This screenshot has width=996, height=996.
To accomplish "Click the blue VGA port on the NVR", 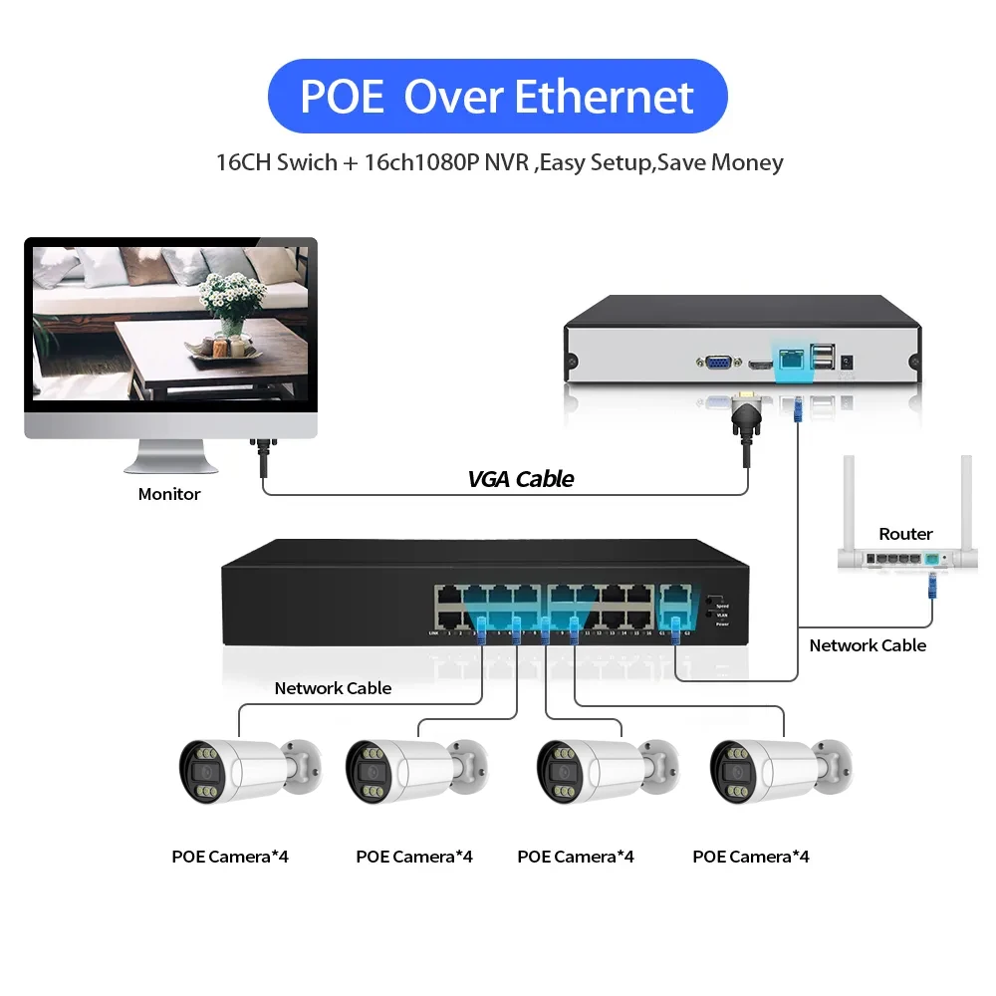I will pyautogui.click(x=715, y=366).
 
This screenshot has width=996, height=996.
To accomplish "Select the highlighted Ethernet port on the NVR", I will pyautogui.click(x=794, y=361).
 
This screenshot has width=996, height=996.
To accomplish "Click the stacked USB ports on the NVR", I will pyautogui.click(x=823, y=356).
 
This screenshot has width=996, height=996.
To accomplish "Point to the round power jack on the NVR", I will pyautogui.click(x=849, y=364).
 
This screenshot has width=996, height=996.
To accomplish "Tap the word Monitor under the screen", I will pyautogui.click(x=169, y=494).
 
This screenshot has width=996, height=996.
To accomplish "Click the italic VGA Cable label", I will pyautogui.click(x=520, y=479).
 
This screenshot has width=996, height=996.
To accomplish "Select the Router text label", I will pyautogui.click(x=905, y=534).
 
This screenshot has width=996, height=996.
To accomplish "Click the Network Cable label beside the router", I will pyautogui.click(x=867, y=645).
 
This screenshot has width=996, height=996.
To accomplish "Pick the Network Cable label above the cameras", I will pyautogui.click(x=333, y=688).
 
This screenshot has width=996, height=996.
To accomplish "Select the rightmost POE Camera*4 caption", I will pyautogui.click(x=750, y=857).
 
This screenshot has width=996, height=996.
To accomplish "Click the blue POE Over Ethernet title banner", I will pyautogui.click(x=498, y=97).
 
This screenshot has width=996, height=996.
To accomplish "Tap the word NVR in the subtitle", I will pyautogui.click(x=508, y=162).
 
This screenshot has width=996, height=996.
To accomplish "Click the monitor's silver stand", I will pyautogui.click(x=169, y=458).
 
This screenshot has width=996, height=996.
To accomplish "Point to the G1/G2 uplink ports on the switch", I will pyautogui.click(x=676, y=609).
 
